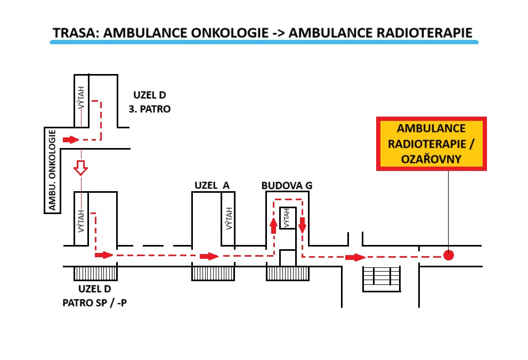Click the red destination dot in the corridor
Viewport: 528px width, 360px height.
[x=449, y=255]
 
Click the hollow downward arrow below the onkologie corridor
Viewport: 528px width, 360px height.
[x=80, y=167]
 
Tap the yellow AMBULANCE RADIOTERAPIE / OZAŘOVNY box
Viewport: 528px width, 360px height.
[x=431, y=144]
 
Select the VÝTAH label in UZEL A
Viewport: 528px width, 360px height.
[x=229, y=218]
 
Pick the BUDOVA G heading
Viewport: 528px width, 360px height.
[x=287, y=185]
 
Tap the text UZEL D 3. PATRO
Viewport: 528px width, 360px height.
[x=152, y=102]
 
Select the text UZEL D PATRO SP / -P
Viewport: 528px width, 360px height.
[x=95, y=297]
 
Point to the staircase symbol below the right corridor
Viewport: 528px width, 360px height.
[x=381, y=279]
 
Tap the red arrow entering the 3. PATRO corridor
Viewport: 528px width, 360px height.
[x=70, y=140]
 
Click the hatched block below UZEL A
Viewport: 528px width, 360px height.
[x=213, y=273]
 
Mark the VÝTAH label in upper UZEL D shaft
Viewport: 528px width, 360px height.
[x=82, y=99]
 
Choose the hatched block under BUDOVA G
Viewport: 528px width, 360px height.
[x=288, y=273]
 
